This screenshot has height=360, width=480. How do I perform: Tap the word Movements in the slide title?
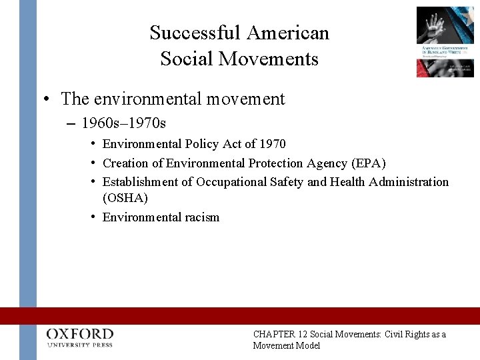pyautogui.click(x=273, y=59)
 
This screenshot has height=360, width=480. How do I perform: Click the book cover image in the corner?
pyautogui.click(x=445, y=41)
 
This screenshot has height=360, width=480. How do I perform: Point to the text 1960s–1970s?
pyautogui.click(x=124, y=123)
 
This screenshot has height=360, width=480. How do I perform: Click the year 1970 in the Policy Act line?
pyautogui.click(x=272, y=144)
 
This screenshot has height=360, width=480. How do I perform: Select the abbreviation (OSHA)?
pyautogui.click(x=125, y=198)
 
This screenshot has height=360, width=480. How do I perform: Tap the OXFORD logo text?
pyautogui.click(x=80, y=333)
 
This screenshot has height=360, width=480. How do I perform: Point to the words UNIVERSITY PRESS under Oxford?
pyautogui.click(x=80, y=345)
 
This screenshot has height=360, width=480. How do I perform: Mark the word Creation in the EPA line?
pyautogui.click(x=125, y=163)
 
